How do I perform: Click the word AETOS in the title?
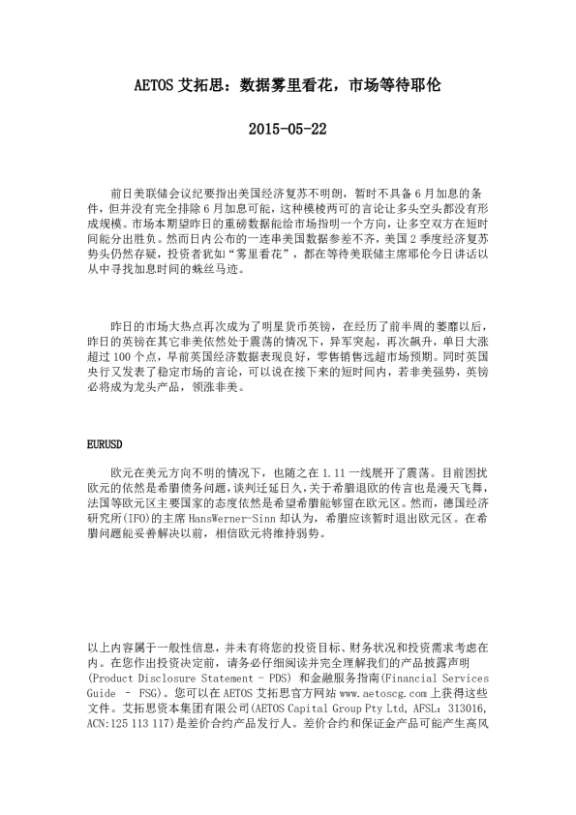[154, 85]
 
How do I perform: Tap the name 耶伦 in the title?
[427, 85]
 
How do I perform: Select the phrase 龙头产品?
[175, 394]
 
